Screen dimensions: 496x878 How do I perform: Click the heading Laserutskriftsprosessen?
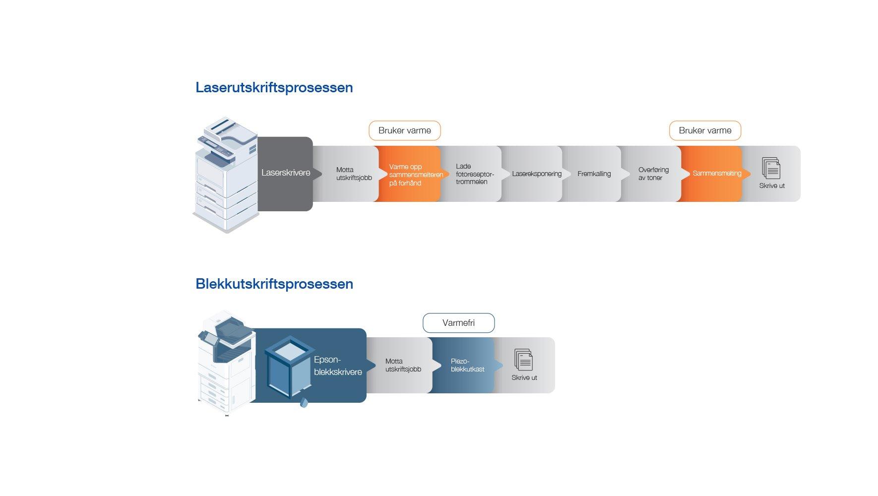click(x=274, y=88)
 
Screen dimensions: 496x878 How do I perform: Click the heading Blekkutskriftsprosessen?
click(x=274, y=284)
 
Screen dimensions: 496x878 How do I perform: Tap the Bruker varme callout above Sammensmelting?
click(x=704, y=130)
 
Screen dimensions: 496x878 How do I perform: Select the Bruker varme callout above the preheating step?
click(x=404, y=130)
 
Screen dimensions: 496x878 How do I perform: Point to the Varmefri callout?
click(x=458, y=323)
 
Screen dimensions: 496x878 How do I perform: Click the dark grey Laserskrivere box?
click(x=285, y=173)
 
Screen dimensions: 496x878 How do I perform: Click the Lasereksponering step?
click(x=536, y=174)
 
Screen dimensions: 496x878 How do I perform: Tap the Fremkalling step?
click(x=594, y=174)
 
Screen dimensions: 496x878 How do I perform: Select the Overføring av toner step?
click(x=653, y=174)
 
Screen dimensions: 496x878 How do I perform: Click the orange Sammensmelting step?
click(x=716, y=174)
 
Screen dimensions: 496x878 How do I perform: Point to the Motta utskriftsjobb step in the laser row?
click(x=353, y=174)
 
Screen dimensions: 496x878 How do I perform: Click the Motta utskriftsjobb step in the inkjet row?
click(x=403, y=366)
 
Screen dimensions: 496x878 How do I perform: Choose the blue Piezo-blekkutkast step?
click(x=467, y=366)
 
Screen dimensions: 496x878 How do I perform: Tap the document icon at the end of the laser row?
click(x=771, y=168)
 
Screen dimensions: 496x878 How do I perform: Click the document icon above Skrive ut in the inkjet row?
click(x=524, y=360)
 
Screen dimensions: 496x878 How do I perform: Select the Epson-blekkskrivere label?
click(x=338, y=366)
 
